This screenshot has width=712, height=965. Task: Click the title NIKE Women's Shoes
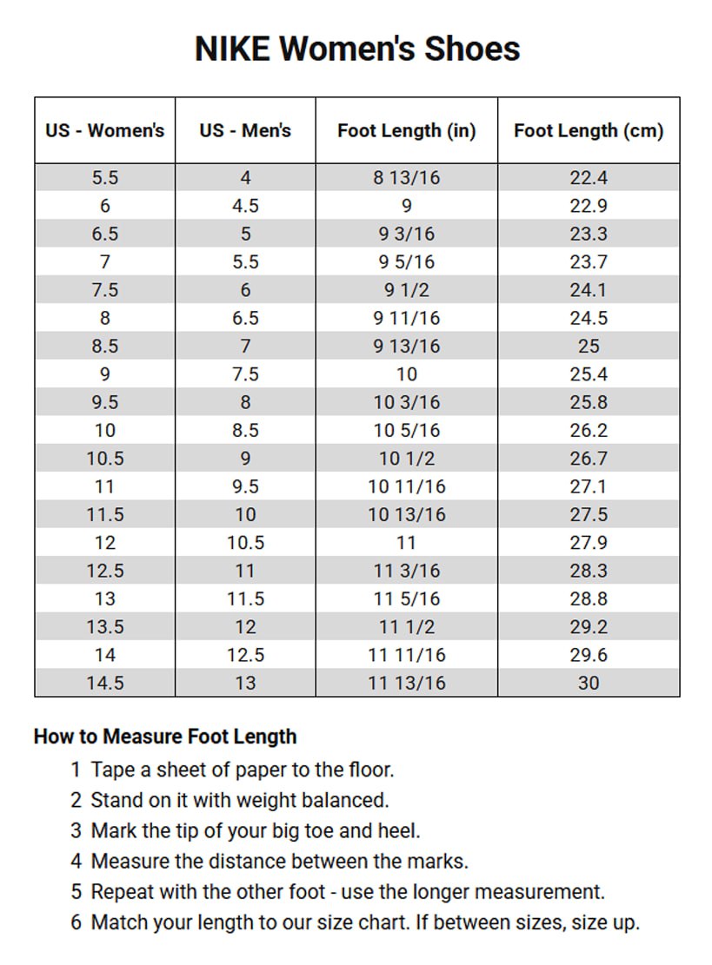[356, 49]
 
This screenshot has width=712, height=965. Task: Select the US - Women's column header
[104, 131]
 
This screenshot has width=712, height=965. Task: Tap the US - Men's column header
[245, 131]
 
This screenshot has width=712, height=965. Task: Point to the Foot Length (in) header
[406, 131]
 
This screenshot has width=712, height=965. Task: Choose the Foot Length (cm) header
[589, 131]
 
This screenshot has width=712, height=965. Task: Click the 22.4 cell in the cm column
[589, 178]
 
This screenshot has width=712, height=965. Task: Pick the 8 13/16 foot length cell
[406, 178]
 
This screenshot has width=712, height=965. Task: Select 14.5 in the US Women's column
[104, 683]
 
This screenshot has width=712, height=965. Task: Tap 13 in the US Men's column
[245, 683]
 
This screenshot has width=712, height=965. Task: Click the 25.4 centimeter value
[589, 374]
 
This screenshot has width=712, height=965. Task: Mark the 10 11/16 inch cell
[406, 486]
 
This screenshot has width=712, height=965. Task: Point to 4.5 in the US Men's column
[245, 206]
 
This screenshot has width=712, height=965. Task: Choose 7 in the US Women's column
[104, 262]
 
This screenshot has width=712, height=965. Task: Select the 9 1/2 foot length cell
[406, 290]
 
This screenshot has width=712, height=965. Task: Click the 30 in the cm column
[589, 683]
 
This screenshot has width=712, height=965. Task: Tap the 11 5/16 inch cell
[406, 598]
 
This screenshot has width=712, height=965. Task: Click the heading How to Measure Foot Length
[165, 737]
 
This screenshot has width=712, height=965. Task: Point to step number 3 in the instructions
[77, 830]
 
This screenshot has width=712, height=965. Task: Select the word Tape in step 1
[111, 769]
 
